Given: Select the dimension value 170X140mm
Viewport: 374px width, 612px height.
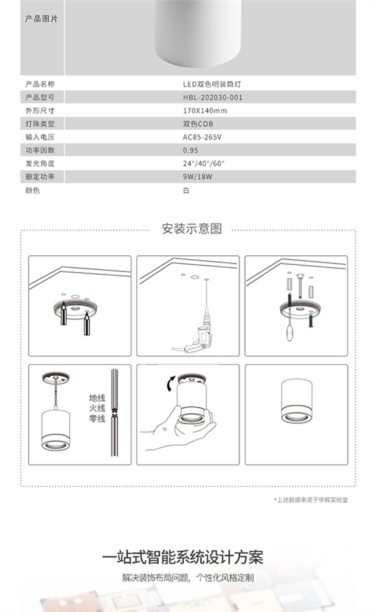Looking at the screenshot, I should (x=204, y=111).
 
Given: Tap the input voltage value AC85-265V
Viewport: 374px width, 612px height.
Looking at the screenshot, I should (x=202, y=137).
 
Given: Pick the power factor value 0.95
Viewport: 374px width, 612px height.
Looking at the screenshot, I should (x=190, y=150).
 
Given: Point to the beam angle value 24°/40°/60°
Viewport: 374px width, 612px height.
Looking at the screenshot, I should (x=204, y=163).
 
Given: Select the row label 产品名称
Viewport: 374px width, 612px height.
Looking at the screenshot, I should (x=39, y=85).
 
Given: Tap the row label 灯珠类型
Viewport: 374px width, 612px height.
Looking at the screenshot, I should (x=39, y=124).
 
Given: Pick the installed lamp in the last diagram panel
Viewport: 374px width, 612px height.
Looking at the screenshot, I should (x=295, y=401).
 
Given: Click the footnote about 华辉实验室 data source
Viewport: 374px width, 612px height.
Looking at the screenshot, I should (x=311, y=499).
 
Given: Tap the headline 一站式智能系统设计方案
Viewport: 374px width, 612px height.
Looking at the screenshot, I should (x=183, y=557).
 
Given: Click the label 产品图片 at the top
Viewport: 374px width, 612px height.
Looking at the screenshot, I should (x=41, y=19).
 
